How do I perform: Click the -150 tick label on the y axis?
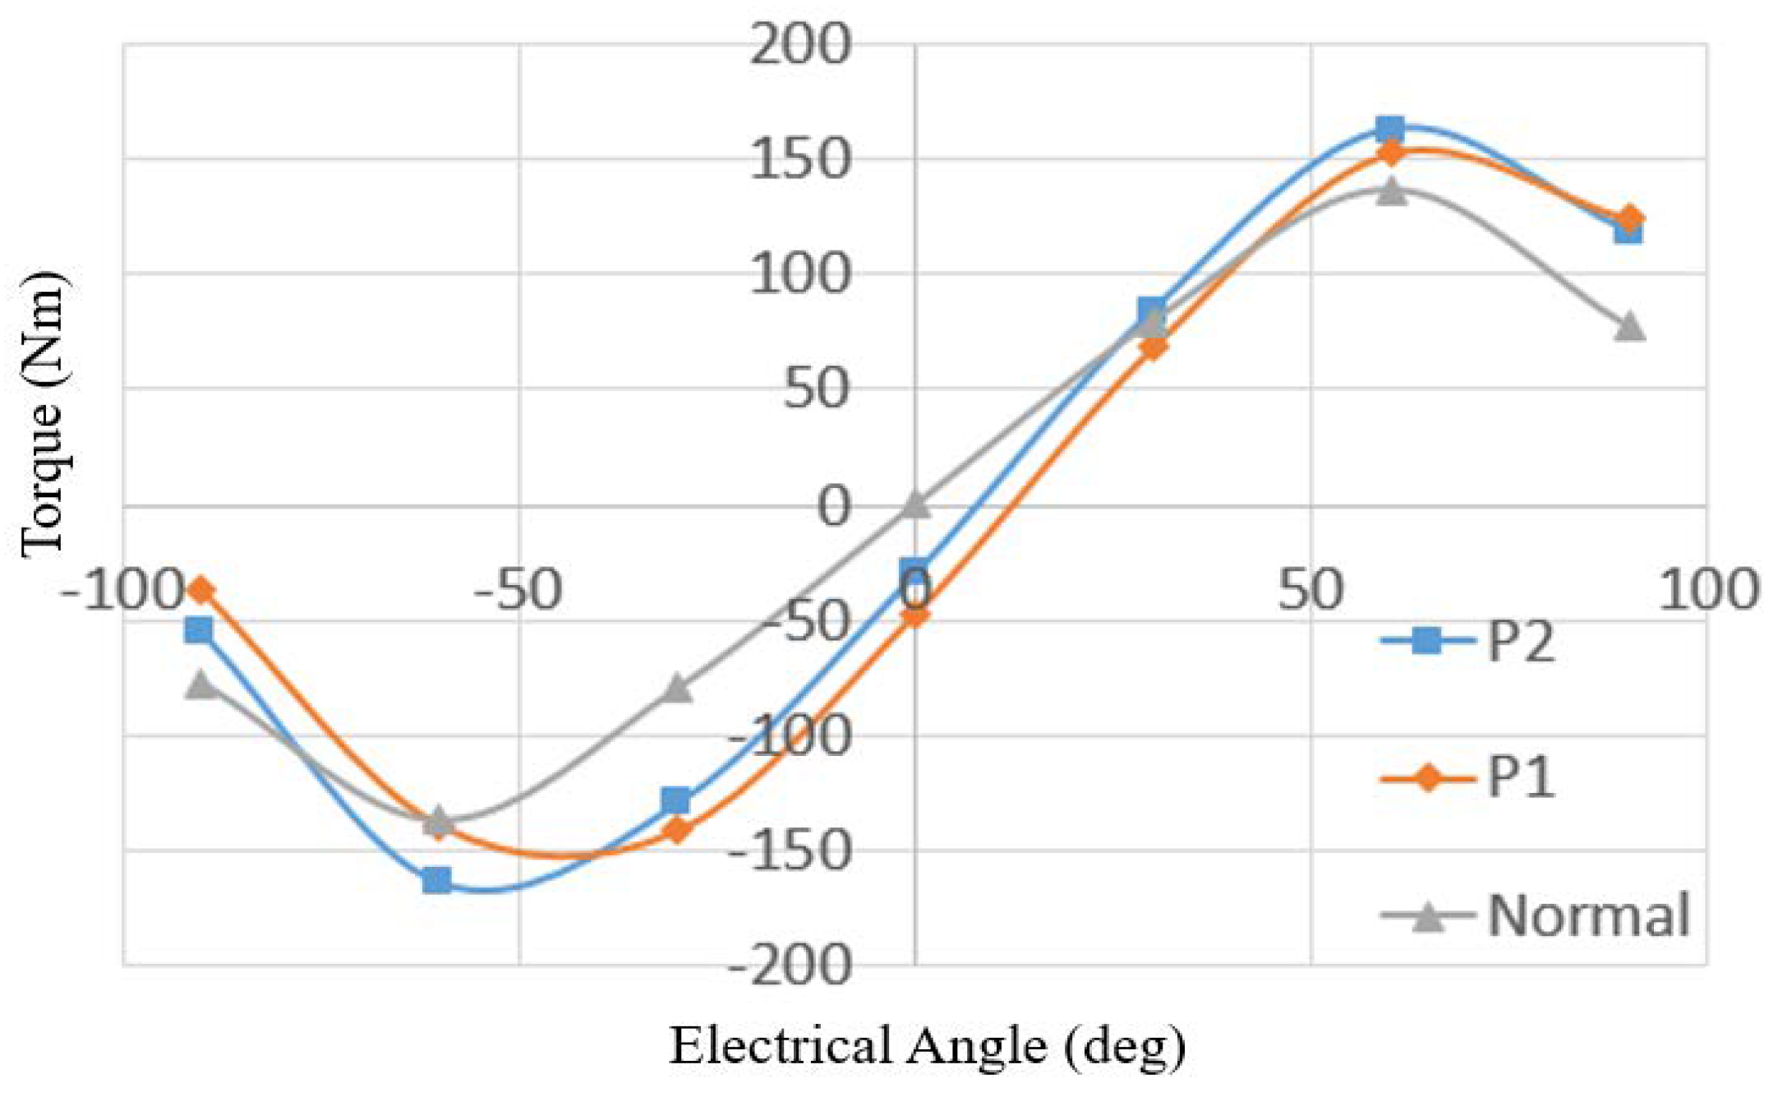789,850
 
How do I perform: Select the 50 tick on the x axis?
1310,589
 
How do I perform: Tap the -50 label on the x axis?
518,589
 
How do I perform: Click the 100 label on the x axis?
1707,589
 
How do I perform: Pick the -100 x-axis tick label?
121,589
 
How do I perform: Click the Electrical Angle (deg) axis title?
927,1046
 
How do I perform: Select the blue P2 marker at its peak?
1389,128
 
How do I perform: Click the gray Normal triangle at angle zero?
915,505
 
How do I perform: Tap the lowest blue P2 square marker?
436,881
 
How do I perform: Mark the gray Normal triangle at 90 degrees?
1628,326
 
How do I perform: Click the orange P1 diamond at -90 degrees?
200,589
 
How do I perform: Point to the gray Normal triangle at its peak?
1389,191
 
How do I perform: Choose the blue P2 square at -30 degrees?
675,800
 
